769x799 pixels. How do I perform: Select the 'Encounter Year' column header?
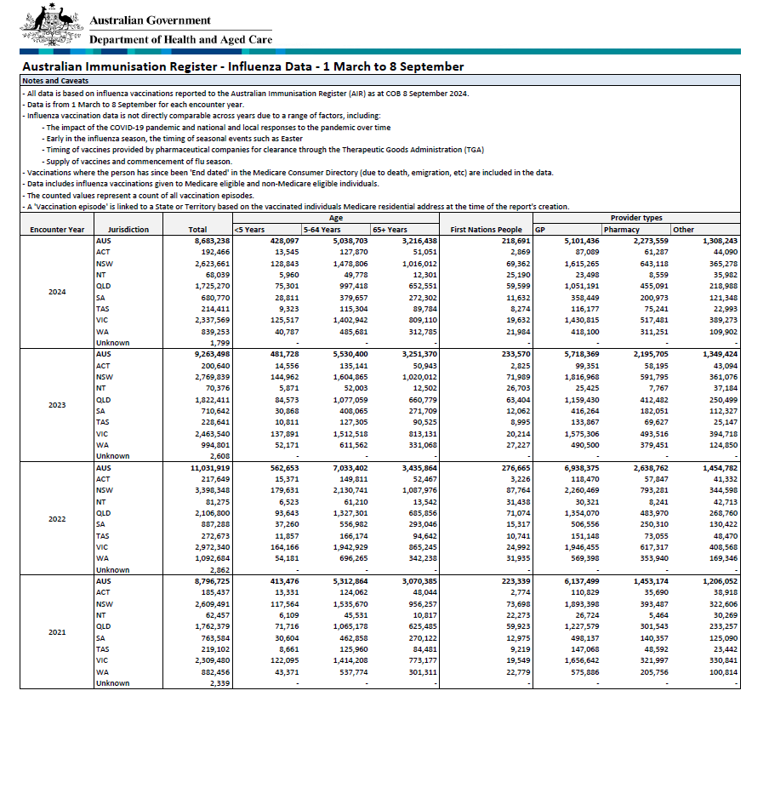click(x=56, y=230)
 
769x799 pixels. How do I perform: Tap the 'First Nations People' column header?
click(x=486, y=230)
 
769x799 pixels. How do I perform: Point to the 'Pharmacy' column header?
click(x=622, y=230)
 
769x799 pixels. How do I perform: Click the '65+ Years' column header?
click(x=390, y=230)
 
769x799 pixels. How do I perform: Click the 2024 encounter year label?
click(x=56, y=292)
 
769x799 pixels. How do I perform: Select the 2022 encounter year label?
click(x=56, y=518)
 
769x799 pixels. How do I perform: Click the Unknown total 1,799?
click(x=218, y=343)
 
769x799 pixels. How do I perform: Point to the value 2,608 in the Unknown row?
click(x=218, y=456)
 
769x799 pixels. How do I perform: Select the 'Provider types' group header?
click(x=635, y=219)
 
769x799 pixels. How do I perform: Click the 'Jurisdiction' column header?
click(x=128, y=230)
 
